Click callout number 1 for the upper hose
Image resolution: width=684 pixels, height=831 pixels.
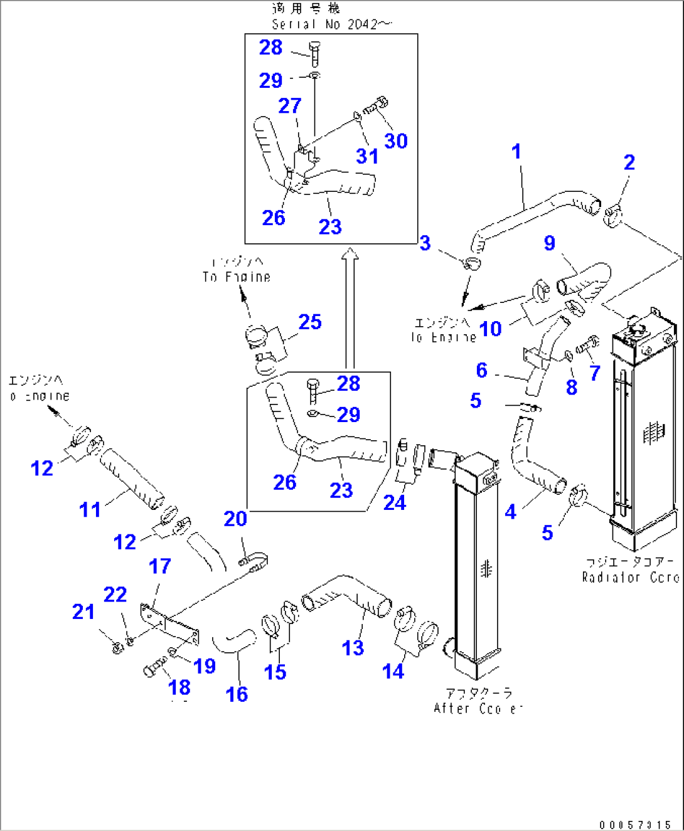[516, 151]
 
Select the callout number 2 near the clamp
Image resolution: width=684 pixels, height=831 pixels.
[629, 162]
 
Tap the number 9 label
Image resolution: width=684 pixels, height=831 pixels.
[549, 243]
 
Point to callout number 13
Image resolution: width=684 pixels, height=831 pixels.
[353, 648]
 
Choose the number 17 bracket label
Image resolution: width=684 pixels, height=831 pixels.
[159, 566]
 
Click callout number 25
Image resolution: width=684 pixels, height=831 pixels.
[310, 322]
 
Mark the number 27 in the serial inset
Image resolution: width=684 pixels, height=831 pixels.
[290, 106]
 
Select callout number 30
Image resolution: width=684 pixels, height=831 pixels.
[396, 141]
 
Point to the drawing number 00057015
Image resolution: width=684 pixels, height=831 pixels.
[635, 825]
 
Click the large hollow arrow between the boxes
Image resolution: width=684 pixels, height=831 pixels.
[350, 308]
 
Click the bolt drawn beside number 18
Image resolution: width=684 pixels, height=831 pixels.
[154, 666]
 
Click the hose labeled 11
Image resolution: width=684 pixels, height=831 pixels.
[132, 480]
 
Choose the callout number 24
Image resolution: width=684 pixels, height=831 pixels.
[394, 503]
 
